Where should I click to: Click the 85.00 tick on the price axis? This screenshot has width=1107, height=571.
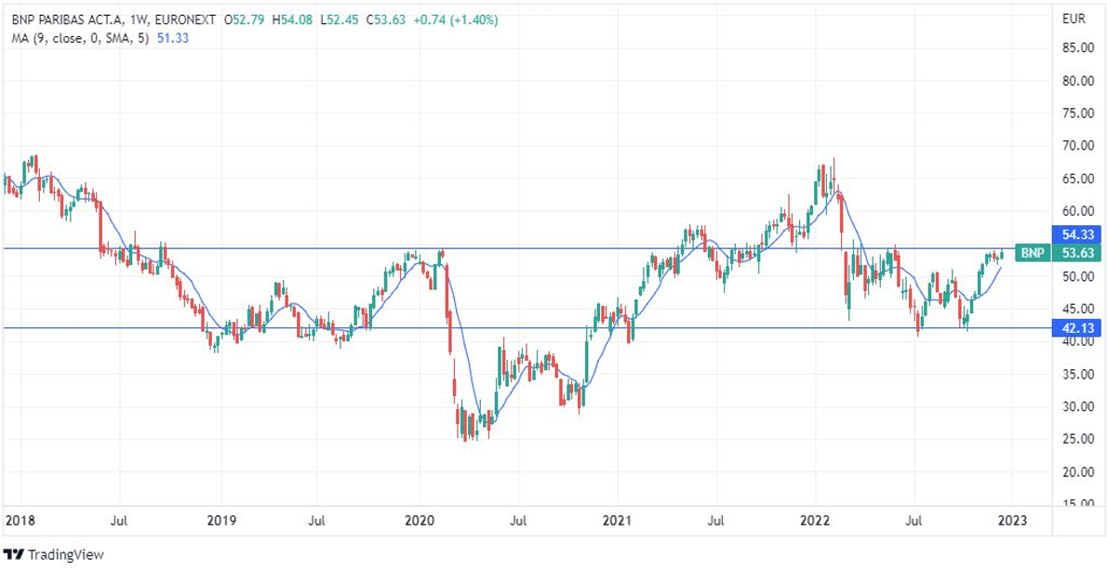point(1075,48)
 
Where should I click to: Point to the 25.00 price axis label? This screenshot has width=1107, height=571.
point(1075,439)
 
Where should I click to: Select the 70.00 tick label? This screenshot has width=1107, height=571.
point(1075,146)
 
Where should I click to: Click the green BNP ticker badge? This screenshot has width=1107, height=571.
point(1030,253)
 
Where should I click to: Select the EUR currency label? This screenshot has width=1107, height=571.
point(1073,19)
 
